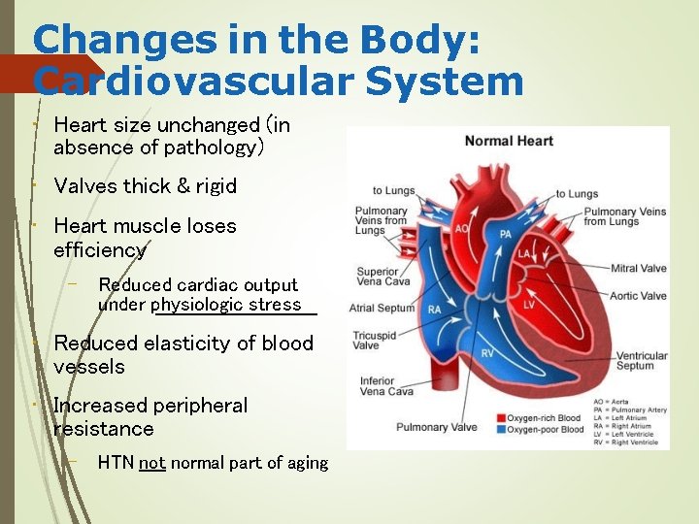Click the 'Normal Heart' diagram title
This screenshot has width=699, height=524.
(x=508, y=142)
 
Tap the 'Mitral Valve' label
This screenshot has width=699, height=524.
(x=639, y=269)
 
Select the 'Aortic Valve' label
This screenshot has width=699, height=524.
(x=639, y=296)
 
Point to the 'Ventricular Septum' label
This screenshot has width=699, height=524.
(x=642, y=361)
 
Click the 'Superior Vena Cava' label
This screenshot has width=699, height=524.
(x=378, y=278)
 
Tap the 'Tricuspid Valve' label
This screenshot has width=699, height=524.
(x=374, y=340)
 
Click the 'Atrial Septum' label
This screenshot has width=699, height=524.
(x=382, y=309)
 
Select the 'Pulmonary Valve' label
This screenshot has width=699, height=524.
(x=437, y=427)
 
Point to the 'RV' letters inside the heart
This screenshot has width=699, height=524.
(x=487, y=353)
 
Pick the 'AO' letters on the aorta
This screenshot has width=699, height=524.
(x=462, y=230)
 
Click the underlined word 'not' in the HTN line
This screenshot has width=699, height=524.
(x=152, y=464)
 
